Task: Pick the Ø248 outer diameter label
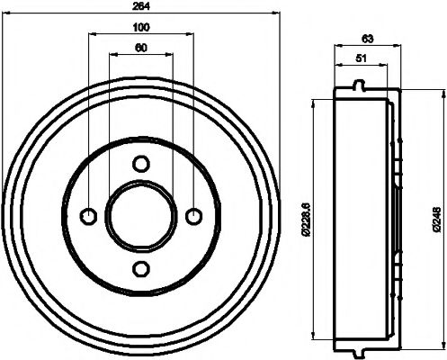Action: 435,215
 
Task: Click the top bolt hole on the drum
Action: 140,163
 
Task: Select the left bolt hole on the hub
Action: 88,215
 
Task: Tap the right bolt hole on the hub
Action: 192,215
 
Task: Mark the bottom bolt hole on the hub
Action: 140,267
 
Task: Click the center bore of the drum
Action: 140,215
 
